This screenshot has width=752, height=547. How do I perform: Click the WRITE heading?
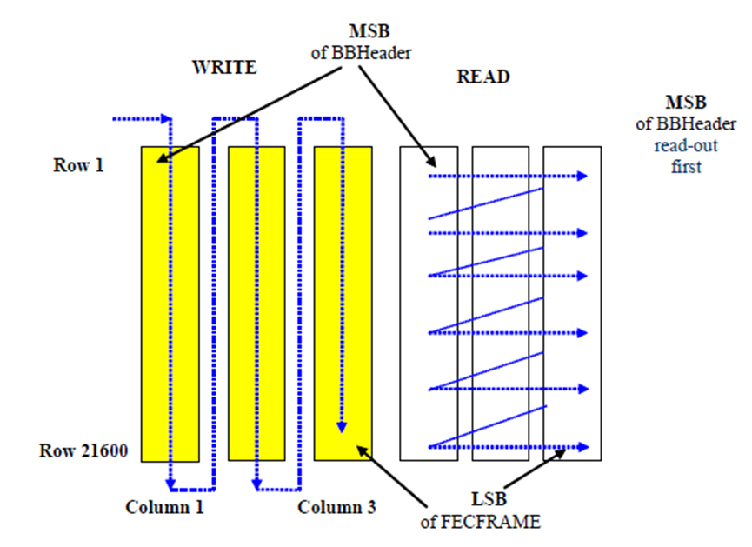[224, 67]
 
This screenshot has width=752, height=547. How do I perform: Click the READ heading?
[483, 77]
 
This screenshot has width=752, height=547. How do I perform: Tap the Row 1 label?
[78, 165]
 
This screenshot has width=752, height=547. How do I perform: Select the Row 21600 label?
[83, 450]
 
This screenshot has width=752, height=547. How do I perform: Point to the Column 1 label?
[164, 507]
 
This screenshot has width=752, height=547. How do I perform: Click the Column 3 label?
[336, 507]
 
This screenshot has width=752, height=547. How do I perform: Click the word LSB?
[489, 499]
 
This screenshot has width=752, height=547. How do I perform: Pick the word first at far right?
[686, 166]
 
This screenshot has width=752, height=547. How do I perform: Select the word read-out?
[686, 145]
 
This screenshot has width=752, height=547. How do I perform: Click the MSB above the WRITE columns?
[369, 31]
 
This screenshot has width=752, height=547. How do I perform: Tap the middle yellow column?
[256, 304]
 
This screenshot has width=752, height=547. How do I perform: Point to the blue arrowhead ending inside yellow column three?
[342, 427]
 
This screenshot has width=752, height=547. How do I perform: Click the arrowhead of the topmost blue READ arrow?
[582, 176]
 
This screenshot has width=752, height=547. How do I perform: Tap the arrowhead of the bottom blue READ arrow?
[583, 447]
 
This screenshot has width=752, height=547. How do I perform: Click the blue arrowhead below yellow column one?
[170, 484]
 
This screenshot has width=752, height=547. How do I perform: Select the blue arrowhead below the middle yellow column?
[257, 484]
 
